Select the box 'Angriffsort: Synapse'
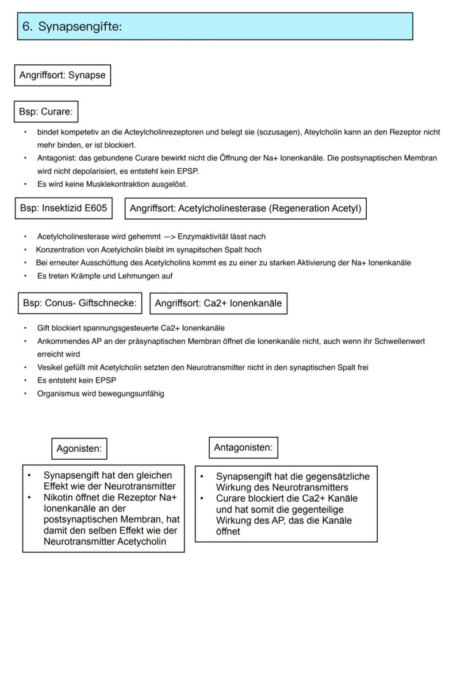coord(62,75)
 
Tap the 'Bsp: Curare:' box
coord(45,111)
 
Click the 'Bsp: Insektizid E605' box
coord(63,208)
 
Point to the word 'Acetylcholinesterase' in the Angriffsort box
coord(222,209)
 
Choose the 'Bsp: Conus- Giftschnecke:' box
coord(80,303)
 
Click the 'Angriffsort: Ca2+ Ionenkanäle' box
coord(218,303)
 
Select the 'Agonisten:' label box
coord(79,449)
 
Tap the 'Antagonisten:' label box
coord(243,447)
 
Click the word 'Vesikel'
coord(48,367)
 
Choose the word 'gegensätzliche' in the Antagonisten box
coord(340,476)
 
